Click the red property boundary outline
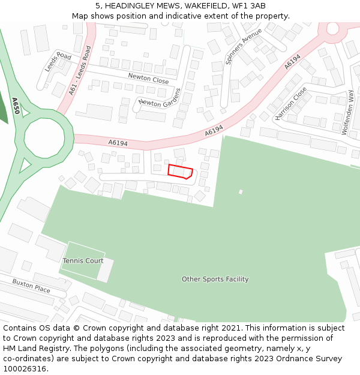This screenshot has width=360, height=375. tap(180, 172)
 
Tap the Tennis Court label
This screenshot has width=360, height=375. tap(83, 261)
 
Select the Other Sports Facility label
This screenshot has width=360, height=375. tap(215, 279)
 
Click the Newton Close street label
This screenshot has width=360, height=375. tap(148, 79)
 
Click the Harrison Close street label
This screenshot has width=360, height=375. tap(291, 103)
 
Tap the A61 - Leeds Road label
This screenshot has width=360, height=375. tap(80, 70)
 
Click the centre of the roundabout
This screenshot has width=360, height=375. tap(44, 138)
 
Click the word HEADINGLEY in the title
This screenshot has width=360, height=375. tap(133, 5)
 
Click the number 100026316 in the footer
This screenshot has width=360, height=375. tap(25, 369)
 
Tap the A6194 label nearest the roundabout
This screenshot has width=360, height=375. tap(118, 143)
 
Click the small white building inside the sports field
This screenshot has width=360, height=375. tap(241, 192)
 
